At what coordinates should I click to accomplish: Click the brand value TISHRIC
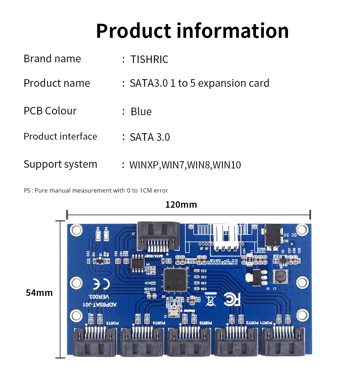point(149,59)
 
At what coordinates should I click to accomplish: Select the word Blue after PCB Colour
point(141,112)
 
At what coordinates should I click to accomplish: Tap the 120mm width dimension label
point(181,205)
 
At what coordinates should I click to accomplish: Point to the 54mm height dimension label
point(39,293)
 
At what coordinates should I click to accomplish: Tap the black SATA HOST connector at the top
point(158,236)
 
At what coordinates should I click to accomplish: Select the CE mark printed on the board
point(101,284)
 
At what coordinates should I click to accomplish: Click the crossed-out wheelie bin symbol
point(211,299)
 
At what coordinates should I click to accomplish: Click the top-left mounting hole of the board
point(76,230)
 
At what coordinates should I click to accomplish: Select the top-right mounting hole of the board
point(302,229)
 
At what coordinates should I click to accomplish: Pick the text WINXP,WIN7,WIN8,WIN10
point(185,165)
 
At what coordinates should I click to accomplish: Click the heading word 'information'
point(233,31)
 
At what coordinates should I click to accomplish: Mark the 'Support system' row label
point(60,165)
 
